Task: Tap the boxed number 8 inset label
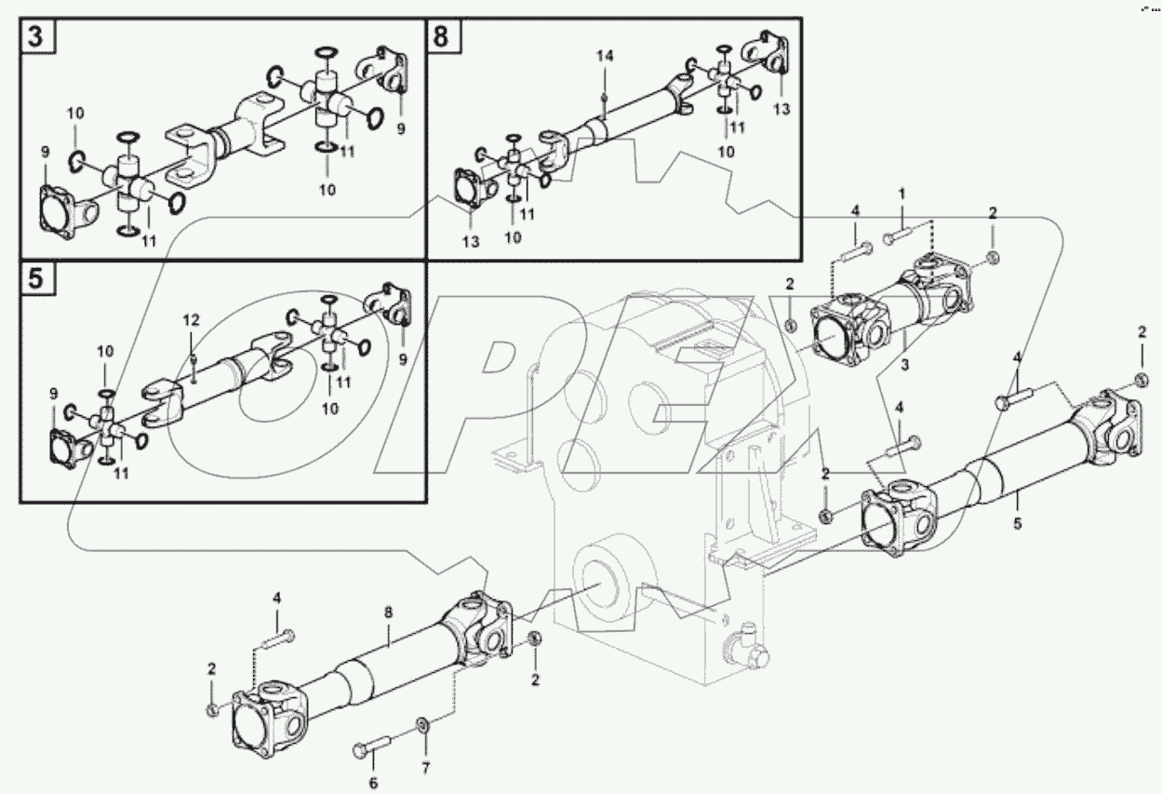point(441,37)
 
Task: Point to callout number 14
point(605,58)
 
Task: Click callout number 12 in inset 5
point(191,320)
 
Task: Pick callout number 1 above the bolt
point(901,194)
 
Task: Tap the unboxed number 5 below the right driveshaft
point(1017,524)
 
